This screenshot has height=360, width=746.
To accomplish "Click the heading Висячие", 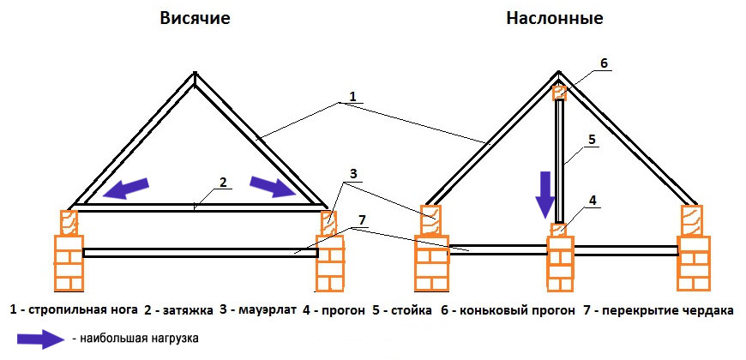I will pyautogui.click(x=195, y=18).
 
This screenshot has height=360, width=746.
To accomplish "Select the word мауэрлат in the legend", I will pyautogui.click(x=261, y=309).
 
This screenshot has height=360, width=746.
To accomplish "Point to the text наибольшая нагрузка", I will pyautogui.click(x=141, y=339).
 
